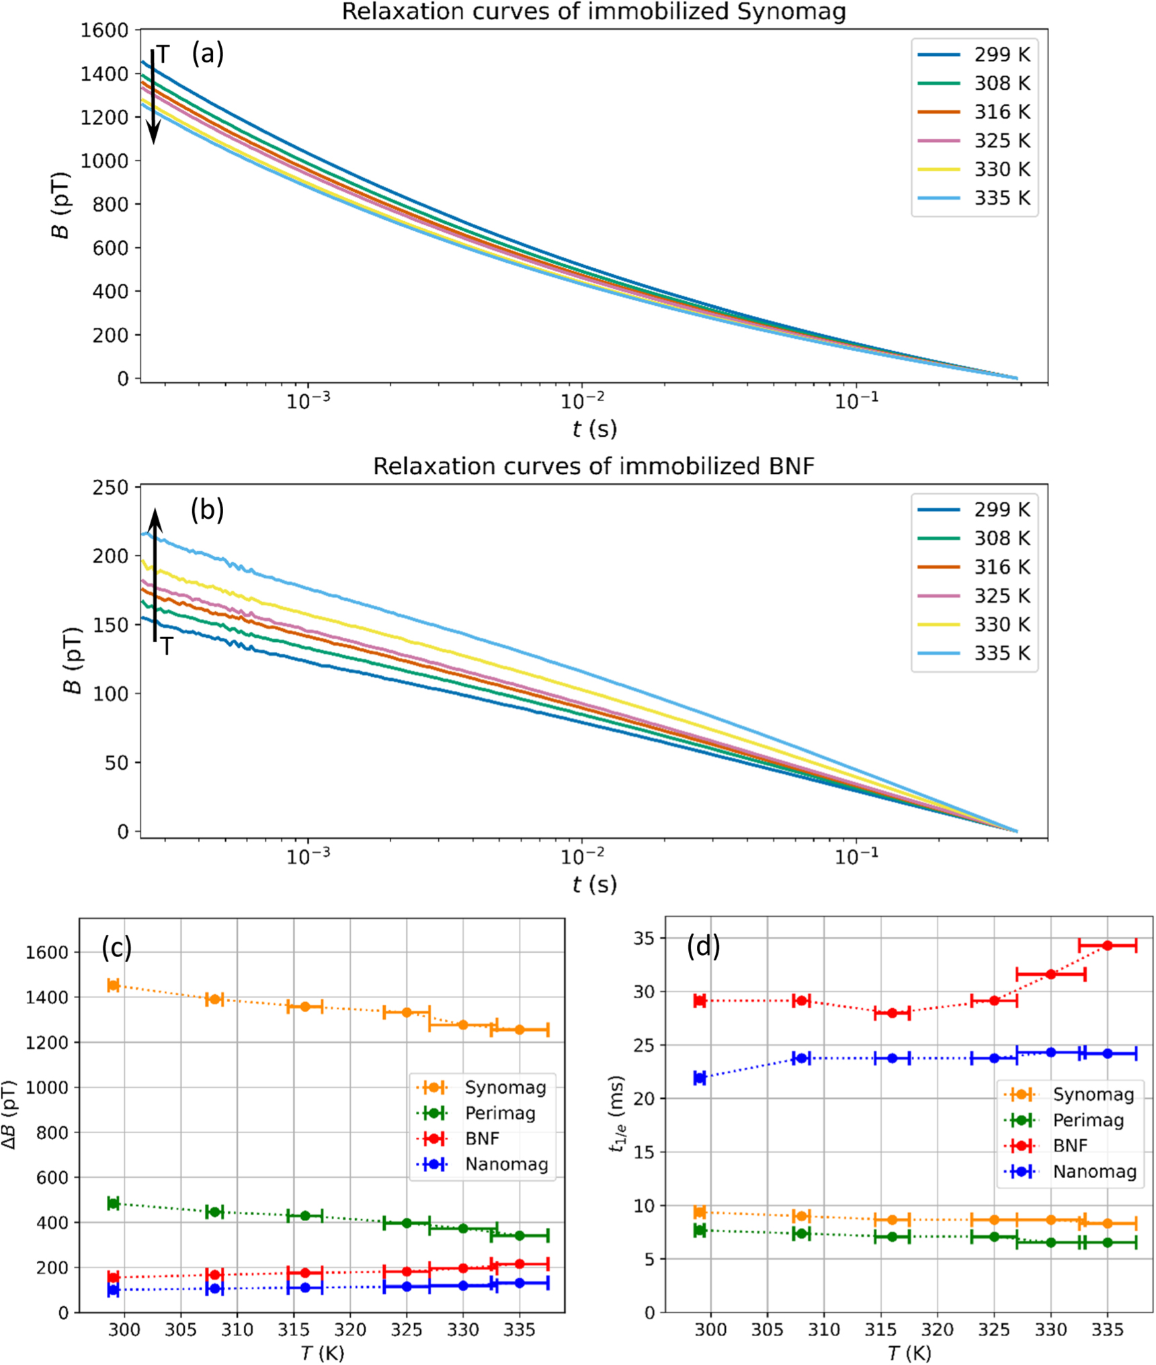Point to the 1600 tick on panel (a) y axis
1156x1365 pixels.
pyautogui.click(x=104, y=30)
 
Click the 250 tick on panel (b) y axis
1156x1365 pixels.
pyautogui.click(x=110, y=487)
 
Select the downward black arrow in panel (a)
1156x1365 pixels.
pyautogui.click(x=153, y=97)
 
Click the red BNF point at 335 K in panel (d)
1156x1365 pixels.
pyautogui.click(x=1108, y=946)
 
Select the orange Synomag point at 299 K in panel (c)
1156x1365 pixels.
pyautogui.click(x=114, y=985)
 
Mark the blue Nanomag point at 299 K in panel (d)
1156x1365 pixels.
pyautogui.click(x=700, y=1077)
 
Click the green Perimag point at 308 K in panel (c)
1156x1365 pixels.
pyautogui.click(x=214, y=1212)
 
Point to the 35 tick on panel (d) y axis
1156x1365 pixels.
pyautogui.click(x=646, y=938)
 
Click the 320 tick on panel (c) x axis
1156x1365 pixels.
pyautogui.click(x=350, y=1329)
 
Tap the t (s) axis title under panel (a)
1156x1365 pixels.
pyautogui.click(x=594, y=428)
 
